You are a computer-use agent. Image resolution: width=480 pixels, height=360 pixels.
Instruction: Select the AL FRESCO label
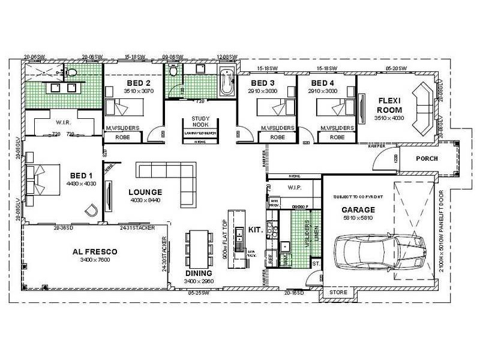click(x=94, y=252)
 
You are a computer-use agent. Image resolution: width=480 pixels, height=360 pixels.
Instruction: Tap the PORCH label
click(x=427, y=159)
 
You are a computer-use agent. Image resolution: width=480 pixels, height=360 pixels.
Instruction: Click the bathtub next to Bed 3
click(x=227, y=83)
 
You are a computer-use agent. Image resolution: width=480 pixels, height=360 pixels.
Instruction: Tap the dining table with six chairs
click(x=198, y=248)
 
